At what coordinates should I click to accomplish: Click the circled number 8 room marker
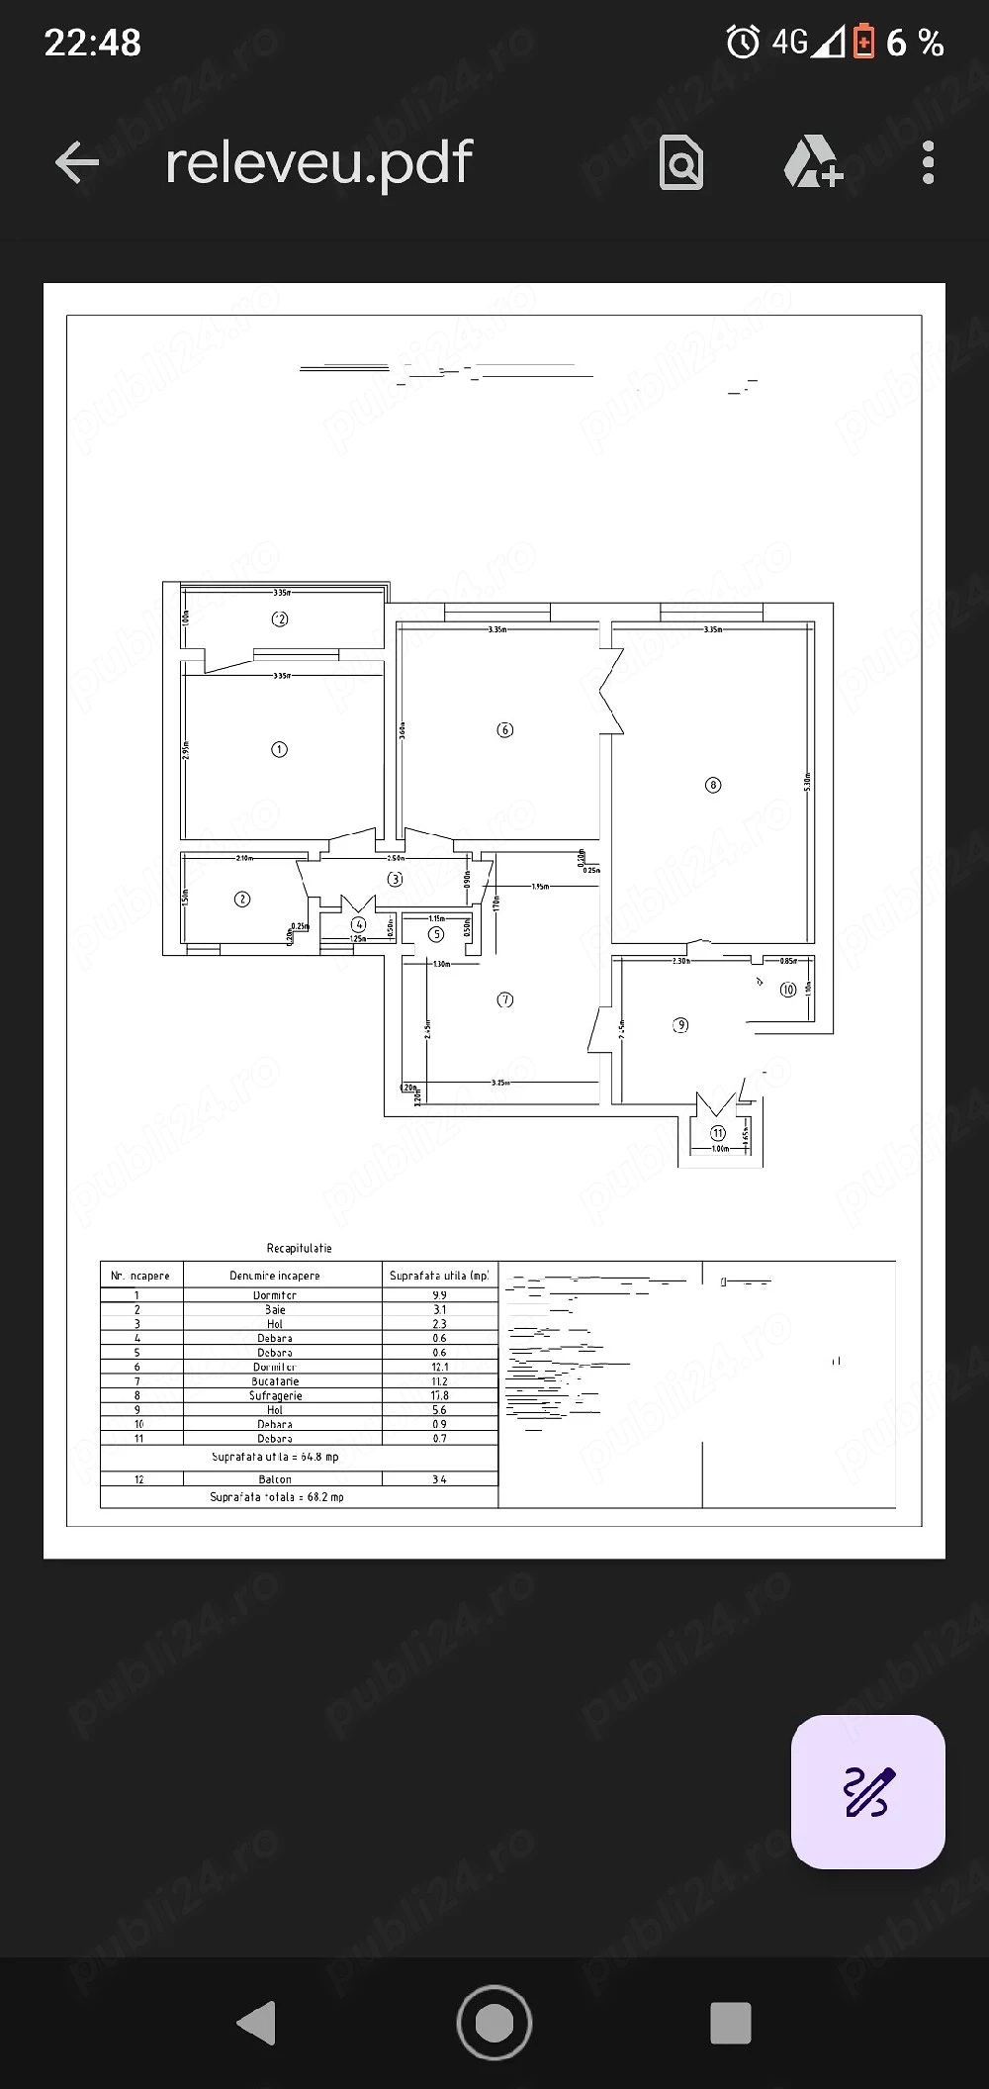[x=713, y=785]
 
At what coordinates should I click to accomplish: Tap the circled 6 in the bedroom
[x=504, y=730]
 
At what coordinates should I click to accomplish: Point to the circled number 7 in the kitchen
[x=505, y=999]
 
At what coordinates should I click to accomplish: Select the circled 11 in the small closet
[x=718, y=1133]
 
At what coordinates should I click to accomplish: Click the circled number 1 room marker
[x=279, y=749]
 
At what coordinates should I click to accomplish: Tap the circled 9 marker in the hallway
[x=680, y=1025]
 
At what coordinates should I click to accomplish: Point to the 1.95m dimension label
[x=541, y=887]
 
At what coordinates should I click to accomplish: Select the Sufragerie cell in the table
[x=276, y=1395]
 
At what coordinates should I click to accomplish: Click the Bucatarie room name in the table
[x=275, y=1381]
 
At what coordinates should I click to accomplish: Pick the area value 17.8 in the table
[x=439, y=1395]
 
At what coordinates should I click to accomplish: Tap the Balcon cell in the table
[x=275, y=1479]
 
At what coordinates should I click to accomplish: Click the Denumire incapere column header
[x=275, y=1276]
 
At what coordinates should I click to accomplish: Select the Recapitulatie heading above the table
[x=299, y=1249]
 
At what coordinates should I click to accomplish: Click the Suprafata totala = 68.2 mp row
[x=277, y=1497]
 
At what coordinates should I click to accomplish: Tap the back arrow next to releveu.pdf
[x=77, y=162]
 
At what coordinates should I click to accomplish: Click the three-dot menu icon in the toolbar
[x=927, y=162]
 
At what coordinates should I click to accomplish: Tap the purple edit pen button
[x=868, y=1791]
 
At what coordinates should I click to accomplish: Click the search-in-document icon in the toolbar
[x=681, y=162]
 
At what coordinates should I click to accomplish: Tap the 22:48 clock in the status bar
[x=93, y=43]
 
